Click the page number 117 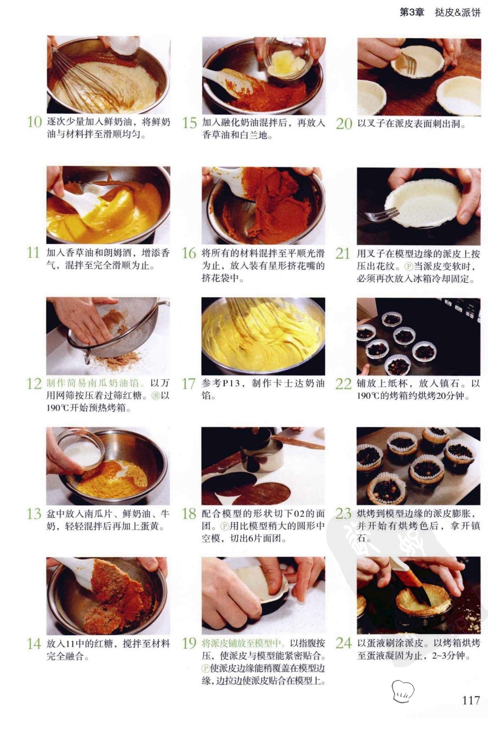(x=471, y=700)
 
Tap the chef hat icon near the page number (x=403, y=691)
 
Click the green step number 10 (x=34, y=122)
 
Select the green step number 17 (x=189, y=384)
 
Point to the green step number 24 (x=344, y=643)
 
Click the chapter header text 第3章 (x=412, y=12)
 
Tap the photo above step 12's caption (x=108, y=335)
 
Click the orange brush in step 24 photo (x=412, y=582)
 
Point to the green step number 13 (x=34, y=514)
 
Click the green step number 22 (x=344, y=384)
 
